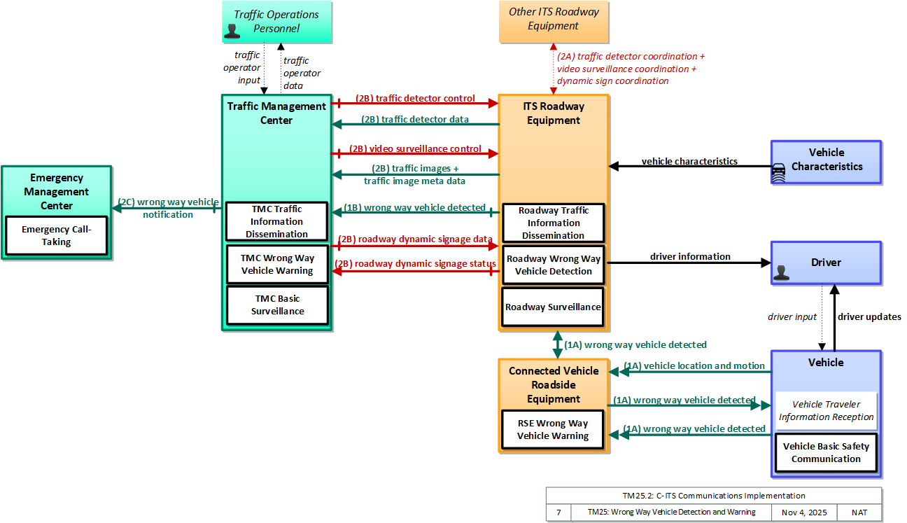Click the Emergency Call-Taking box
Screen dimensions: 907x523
(x=56, y=236)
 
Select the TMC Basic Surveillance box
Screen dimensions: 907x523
(x=277, y=305)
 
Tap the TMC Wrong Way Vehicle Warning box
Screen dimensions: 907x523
(x=277, y=264)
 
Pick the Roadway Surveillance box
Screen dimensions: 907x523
(x=553, y=307)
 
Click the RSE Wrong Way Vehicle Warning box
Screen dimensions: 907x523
(x=553, y=429)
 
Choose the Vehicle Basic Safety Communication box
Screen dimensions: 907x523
(x=826, y=452)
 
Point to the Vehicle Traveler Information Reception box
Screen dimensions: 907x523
(x=826, y=411)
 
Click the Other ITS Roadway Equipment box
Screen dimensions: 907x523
(x=554, y=22)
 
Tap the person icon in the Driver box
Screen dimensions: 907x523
(x=781, y=272)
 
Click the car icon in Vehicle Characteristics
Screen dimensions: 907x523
(x=779, y=172)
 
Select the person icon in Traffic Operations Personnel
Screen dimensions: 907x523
(x=232, y=32)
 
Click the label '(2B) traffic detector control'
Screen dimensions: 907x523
(x=415, y=98)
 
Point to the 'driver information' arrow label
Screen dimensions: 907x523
(x=690, y=256)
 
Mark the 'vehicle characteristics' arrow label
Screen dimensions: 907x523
(x=689, y=161)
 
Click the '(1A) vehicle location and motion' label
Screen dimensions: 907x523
(x=694, y=365)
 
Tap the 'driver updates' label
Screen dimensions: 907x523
(x=869, y=316)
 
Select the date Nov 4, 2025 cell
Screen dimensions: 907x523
(x=804, y=512)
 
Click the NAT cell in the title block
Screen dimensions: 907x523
(x=859, y=512)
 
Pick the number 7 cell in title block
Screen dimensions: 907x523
(x=558, y=512)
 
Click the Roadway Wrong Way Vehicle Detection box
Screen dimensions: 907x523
(x=553, y=265)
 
